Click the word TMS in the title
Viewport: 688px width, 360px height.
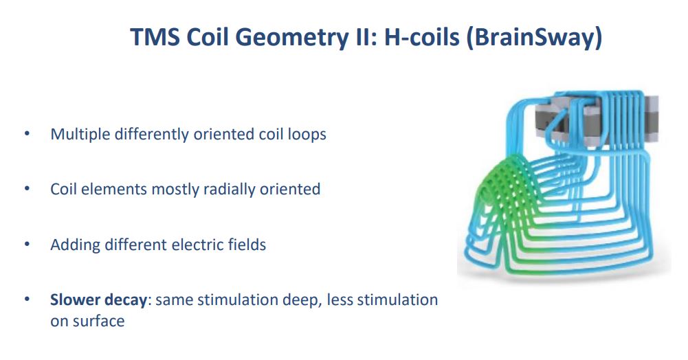tap(155, 37)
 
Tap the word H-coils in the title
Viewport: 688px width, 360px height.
tap(421, 37)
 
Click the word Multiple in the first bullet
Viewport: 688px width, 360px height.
tap(80, 134)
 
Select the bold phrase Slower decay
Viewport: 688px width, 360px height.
tap(98, 300)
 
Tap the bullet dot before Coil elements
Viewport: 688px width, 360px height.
tap(27, 189)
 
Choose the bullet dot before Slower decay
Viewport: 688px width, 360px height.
tap(27, 300)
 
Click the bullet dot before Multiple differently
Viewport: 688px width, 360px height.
tap(27, 133)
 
